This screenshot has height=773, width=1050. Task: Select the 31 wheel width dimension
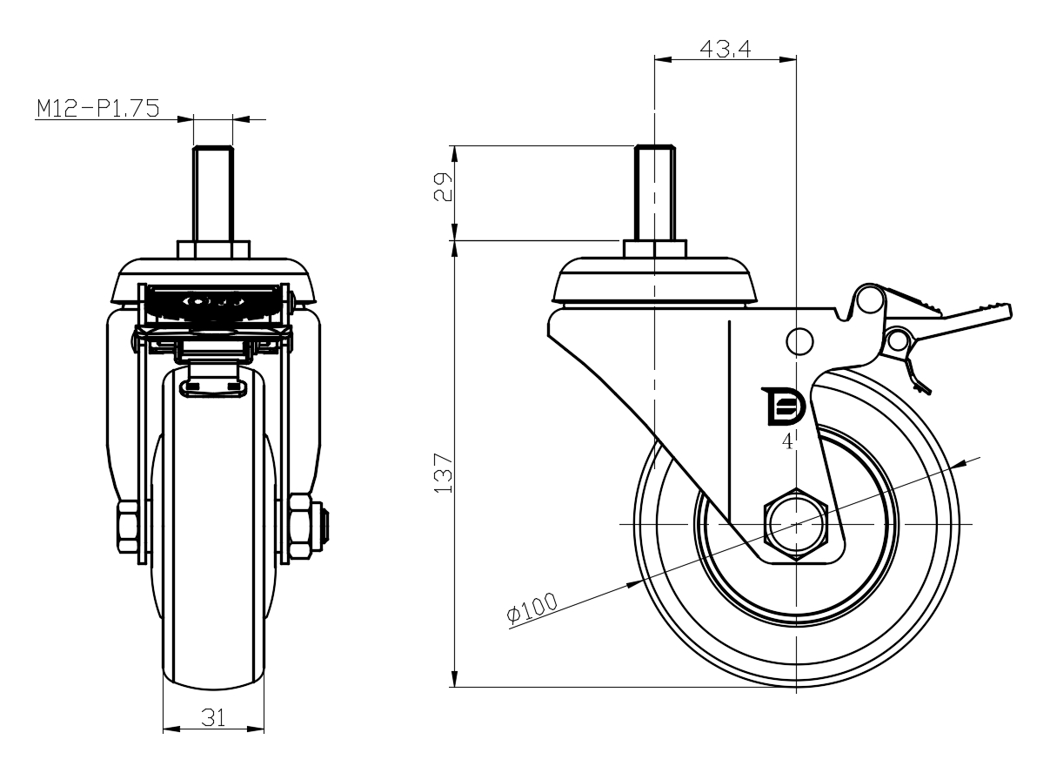[x=213, y=716]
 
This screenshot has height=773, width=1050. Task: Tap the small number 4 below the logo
[x=787, y=442]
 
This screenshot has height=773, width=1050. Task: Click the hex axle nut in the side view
[x=796, y=526]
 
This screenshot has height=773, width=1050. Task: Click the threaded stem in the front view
[x=212, y=193]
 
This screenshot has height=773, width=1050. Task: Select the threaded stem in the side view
[x=653, y=193]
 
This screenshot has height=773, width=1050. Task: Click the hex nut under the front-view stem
[x=213, y=249]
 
